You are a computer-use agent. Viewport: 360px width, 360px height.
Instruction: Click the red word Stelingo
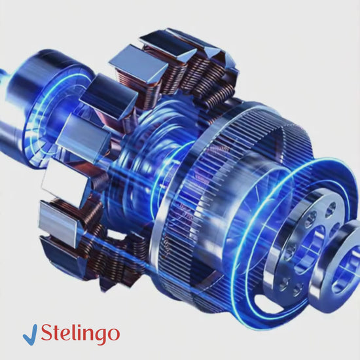coord(81,334)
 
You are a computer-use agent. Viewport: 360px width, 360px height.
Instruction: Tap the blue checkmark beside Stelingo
coord(30,334)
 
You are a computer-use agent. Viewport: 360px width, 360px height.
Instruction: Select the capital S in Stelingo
coord(47,333)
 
